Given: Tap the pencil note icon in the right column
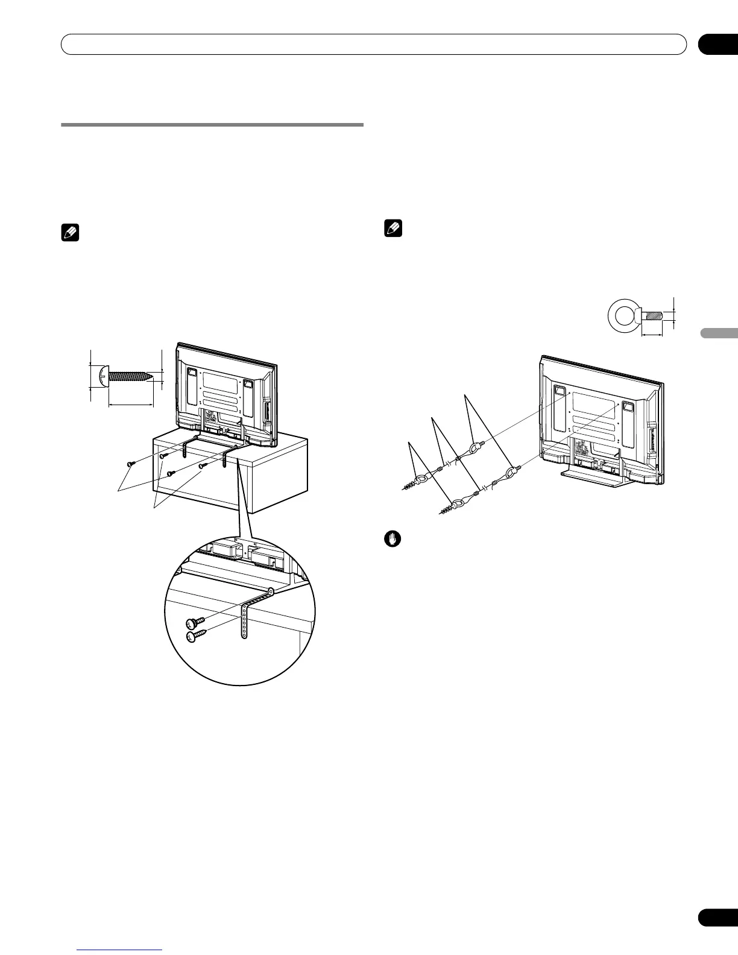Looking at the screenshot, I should [393, 229].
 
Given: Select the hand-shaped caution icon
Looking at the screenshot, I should [392, 539].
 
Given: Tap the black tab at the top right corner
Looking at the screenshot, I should [717, 44].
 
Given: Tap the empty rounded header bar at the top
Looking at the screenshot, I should [374, 44].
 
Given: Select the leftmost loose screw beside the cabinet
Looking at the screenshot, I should [131, 463].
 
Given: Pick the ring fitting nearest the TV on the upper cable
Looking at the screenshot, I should [475, 447].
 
